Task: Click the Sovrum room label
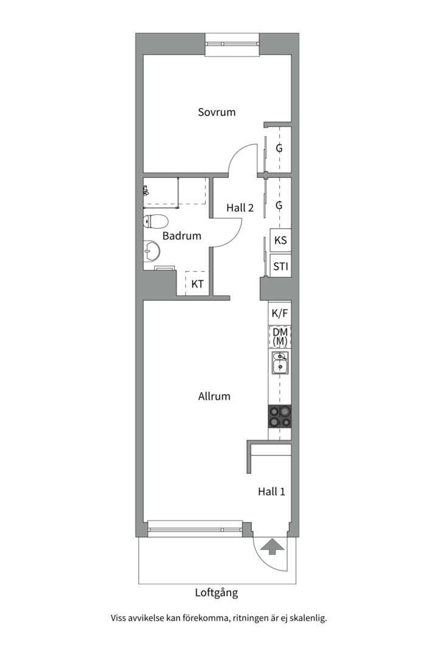tap(217, 112)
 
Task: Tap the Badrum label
tap(182, 236)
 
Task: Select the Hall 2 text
tap(240, 208)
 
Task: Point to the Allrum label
tap(214, 396)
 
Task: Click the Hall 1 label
tap(271, 491)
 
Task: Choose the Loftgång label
tap(216, 592)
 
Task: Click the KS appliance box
tap(280, 240)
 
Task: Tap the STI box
tap(280, 266)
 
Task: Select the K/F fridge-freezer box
tap(280, 313)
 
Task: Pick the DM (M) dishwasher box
tap(280, 337)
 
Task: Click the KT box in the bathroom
tap(197, 284)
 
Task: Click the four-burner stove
tap(280, 417)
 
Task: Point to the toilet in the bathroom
tap(155, 221)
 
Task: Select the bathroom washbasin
tap(151, 250)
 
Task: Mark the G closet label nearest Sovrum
tap(279, 148)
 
